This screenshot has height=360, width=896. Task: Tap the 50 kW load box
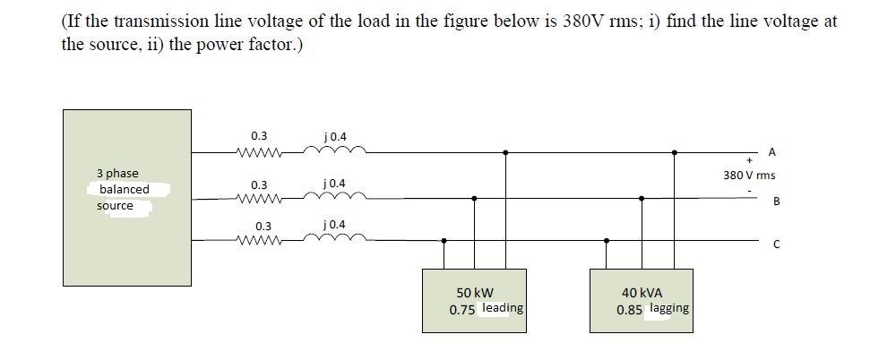click(475, 300)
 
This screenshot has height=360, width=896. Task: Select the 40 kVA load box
click(642, 300)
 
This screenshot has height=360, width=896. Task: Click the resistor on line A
click(259, 152)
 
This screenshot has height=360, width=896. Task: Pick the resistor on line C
click(259, 240)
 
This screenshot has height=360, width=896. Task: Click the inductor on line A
click(333, 151)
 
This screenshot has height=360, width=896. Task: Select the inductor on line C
click(333, 239)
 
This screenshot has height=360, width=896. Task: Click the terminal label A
click(771, 152)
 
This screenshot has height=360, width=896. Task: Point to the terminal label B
click(776, 201)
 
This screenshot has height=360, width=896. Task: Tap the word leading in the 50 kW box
click(502, 308)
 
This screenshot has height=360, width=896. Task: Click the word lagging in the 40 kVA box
click(668, 308)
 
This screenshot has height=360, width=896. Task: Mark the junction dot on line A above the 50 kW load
click(505, 152)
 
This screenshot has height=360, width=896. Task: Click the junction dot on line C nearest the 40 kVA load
click(607, 240)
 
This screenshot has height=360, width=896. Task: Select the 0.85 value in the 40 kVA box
click(629, 310)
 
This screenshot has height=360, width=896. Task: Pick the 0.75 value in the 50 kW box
click(462, 310)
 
